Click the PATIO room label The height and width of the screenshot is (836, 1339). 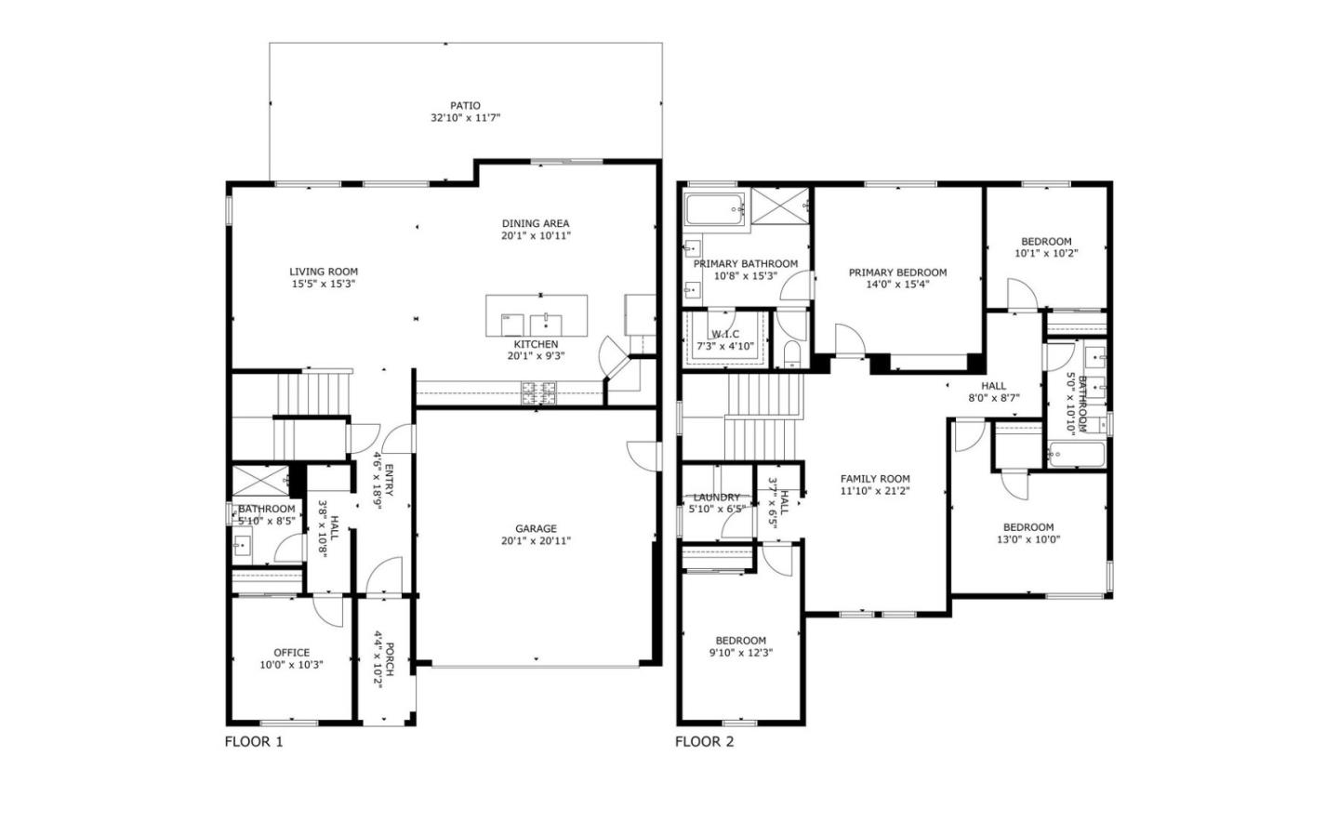point(465,106)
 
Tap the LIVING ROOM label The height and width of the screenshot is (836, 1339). point(323,272)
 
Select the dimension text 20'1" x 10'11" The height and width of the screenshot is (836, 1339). point(536,236)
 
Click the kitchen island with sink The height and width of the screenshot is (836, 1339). point(537,317)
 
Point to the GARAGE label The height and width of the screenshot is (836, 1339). point(536,528)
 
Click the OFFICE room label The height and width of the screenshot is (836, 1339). point(291,653)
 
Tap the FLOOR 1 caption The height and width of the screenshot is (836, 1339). point(253,742)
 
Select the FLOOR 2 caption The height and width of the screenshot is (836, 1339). point(704,742)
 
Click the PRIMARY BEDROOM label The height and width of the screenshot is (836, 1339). point(897,272)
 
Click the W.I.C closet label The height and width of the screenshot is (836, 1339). point(725,334)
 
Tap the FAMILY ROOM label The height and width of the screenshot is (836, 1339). point(875,479)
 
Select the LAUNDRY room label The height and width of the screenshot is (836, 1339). point(716,498)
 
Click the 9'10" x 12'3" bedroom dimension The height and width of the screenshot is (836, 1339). point(740,653)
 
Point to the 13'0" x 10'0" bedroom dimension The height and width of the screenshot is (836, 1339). point(1028,539)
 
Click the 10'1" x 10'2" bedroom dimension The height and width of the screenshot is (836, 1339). point(1046,253)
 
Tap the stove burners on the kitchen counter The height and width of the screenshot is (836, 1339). point(538,392)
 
